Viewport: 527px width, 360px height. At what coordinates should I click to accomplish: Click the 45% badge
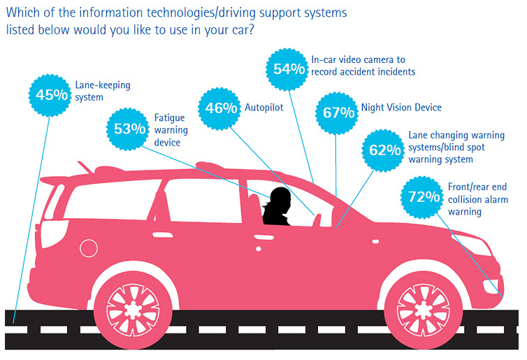point(50,93)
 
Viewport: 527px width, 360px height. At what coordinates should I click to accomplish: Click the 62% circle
point(384,149)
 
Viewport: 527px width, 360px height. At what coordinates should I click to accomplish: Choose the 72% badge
point(421,196)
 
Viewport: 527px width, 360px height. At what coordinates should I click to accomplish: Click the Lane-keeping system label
point(103,92)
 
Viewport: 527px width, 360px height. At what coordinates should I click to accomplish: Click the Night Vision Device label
point(401,108)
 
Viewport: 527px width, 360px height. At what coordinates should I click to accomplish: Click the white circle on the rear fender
point(89,247)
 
